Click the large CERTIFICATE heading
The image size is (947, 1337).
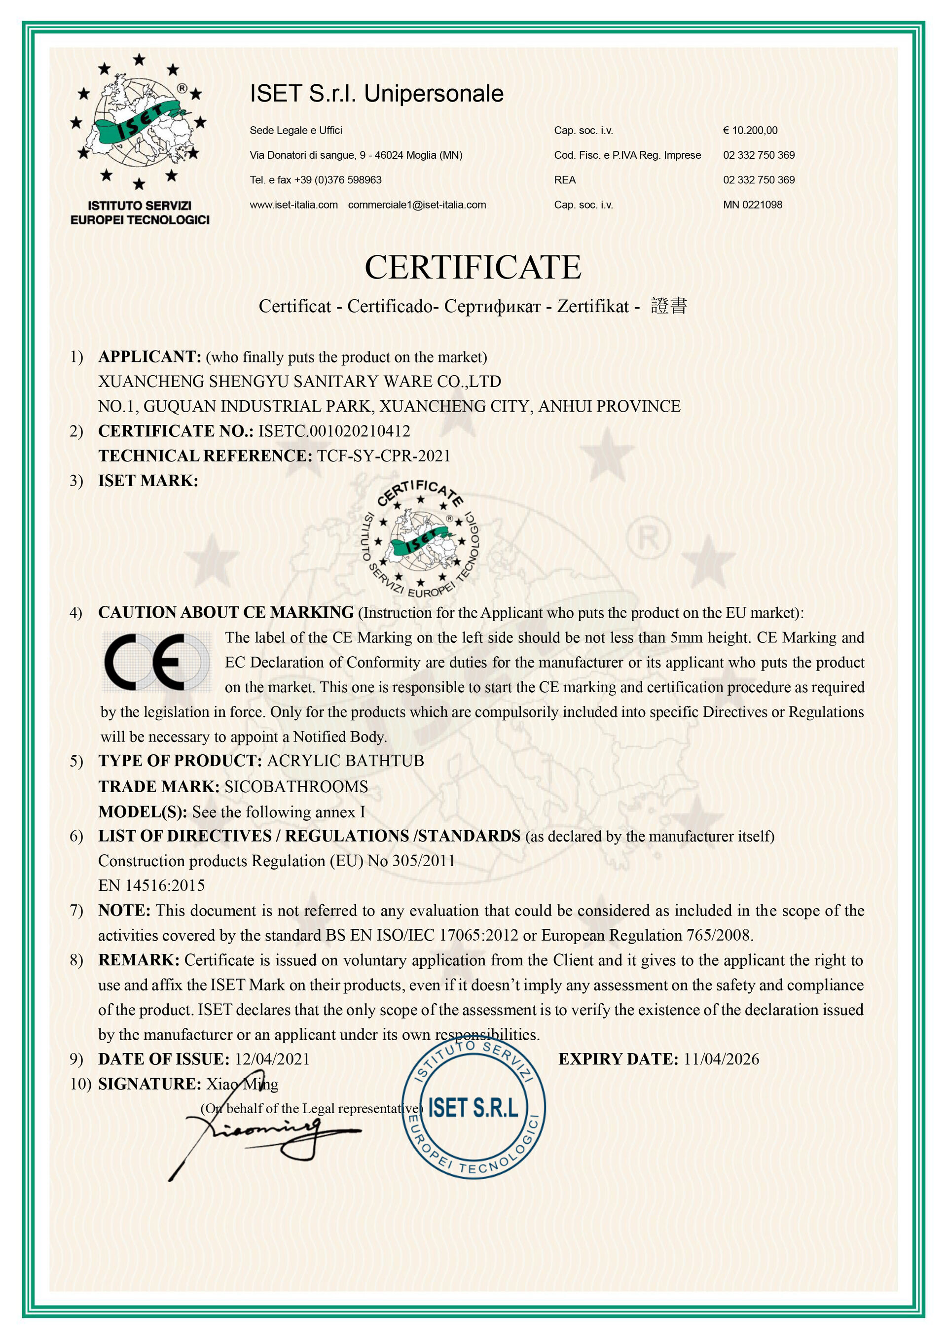pyautogui.click(x=473, y=268)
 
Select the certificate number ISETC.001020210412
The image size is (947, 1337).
pyautogui.click(x=334, y=431)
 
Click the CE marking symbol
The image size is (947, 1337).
pyautogui.click(x=156, y=662)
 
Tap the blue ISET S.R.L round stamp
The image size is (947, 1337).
pyautogui.click(x=473, y=1107)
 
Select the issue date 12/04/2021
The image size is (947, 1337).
pyautogui.click(x=272, y=1059)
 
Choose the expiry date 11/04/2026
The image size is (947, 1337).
pyautogui.click(x=721, y=1059)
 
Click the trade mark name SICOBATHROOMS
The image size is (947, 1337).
pyautogui.click(x=296, y=787)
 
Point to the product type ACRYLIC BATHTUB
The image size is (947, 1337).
pyautogui.click(x=345, y=761)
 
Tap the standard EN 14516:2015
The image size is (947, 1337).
pyautogui.click(x=151, y=886)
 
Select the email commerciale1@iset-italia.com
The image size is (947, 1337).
pyautogui.click(x=417, y=205)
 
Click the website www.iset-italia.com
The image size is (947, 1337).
pyautogui.click(x=294, y=205)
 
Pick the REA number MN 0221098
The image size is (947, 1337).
pyautogui.click(x=752, y=205)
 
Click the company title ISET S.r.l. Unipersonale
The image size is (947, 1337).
pyautogui.click(x=377, y=94)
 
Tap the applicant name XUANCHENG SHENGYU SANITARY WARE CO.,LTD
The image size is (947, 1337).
pyautogui.click(x=300, y=382)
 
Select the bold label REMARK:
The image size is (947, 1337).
pyautogui.click(x=139, y=960)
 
